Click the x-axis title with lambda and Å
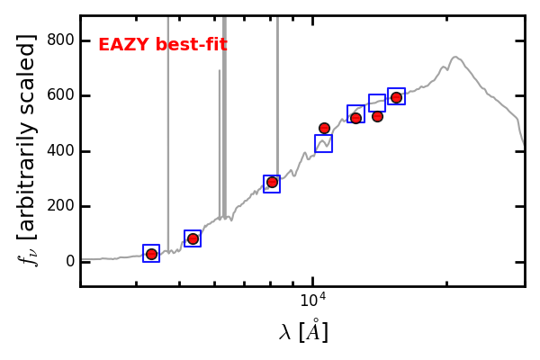(x=303, y=332)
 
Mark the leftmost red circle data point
(x=151, y=254)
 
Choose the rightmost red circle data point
(x=396, y=97)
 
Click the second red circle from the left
(x=193, y=238)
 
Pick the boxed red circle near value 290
(x=272, y=183)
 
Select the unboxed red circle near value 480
(x=324, y=128)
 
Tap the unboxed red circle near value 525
(x=377, y=116)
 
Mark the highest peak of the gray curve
(x=455, y=58)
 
